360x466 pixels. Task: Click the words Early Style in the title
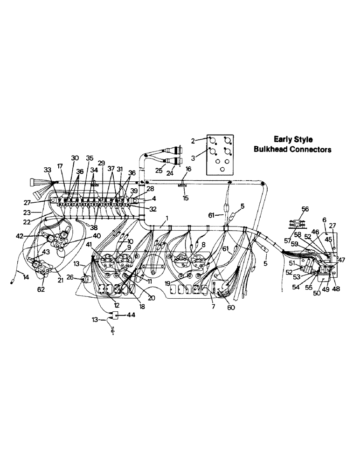(293, 139)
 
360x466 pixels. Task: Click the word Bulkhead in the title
(272, 150)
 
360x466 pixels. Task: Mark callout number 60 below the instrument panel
(231, 308)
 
